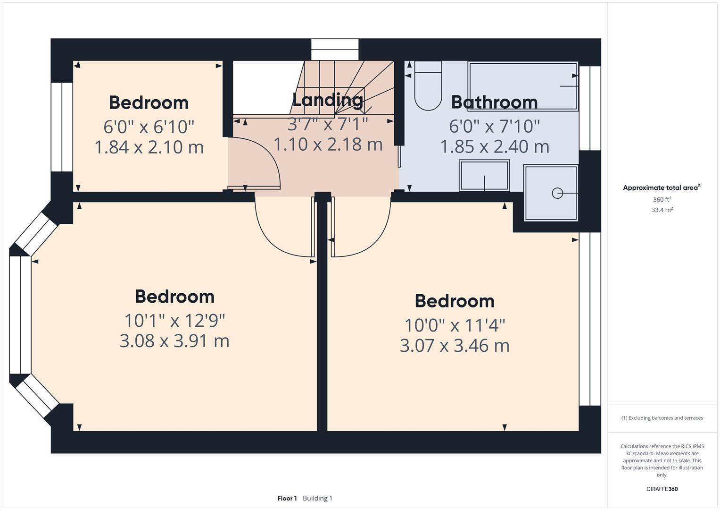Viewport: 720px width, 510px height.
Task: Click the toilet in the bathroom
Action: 428,87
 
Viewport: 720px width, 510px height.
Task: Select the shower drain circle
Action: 557,193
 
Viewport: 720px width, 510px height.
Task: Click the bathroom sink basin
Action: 484,176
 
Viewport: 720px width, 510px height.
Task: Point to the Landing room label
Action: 328,100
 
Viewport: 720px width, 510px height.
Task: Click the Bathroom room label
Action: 494,102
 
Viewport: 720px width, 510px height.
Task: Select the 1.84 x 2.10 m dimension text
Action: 149,147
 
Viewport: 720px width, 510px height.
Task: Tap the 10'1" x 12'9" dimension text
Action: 174,321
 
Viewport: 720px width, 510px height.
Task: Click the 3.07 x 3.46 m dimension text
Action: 455,346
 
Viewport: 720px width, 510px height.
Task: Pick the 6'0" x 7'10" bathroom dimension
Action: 494,126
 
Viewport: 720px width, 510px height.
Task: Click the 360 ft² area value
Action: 662,200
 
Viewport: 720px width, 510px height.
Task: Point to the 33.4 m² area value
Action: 662,210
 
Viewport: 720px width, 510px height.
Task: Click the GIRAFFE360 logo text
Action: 662,489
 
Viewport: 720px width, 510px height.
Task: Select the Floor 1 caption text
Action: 287,498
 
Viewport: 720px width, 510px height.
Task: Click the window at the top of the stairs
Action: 335,50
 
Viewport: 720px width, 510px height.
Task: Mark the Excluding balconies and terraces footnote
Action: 662,418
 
